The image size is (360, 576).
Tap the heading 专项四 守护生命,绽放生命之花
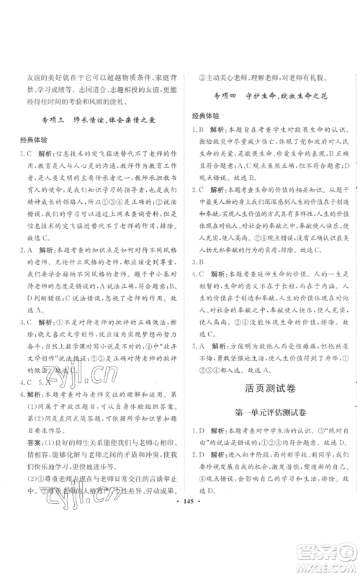pyautogui.click(x=269, y=97)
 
